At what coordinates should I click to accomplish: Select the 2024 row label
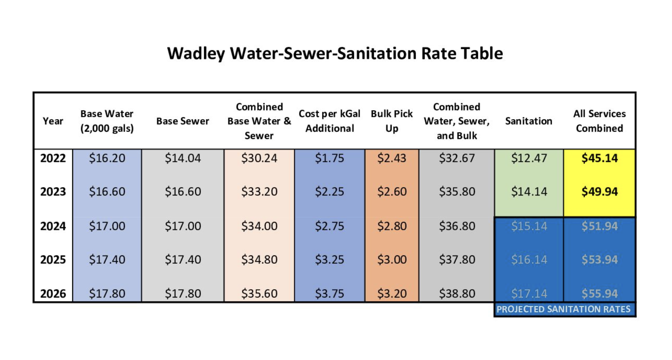pyautogui.click(x=53, y=226)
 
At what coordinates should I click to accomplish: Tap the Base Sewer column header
pyautogui.click(x=183, y=121)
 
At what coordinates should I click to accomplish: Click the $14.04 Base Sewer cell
pyautogui.click(x=183, y=158)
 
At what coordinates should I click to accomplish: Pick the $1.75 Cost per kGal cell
pyautogui.click(x=330, y=158)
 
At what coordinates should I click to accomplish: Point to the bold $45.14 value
pyautogui.click(x=599, y=158)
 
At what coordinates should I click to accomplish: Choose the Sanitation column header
pyautogui.click(x=529, y=121)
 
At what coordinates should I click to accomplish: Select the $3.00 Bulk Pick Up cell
pyautogui.click(x=392, y=260)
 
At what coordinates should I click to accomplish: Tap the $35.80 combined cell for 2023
pyautogui.click(x=457, y=191)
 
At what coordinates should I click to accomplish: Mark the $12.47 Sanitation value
pyautogui.click(x=529, y=158)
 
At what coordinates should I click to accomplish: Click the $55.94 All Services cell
pyautogui.click(x=599, y=293)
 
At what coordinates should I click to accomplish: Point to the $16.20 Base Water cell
pyautogui.click(x=107, y=158)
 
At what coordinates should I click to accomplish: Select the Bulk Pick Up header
pyautogui.click(x=392, y=121)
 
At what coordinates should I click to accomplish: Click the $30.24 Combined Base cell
pyautogui.click(x=259, y=158)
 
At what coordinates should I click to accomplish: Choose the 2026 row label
pyautogui.click(x=53, y=293)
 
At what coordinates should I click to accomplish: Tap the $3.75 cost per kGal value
pyautogui.click(x=330, y=293)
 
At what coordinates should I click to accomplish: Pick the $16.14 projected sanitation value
pyautogui.click(x=529, y=260)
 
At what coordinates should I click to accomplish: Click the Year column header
pyautogui.click(x=53, y=121)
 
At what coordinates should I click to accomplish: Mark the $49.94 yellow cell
pyautogui.click(x=599, y=191)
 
